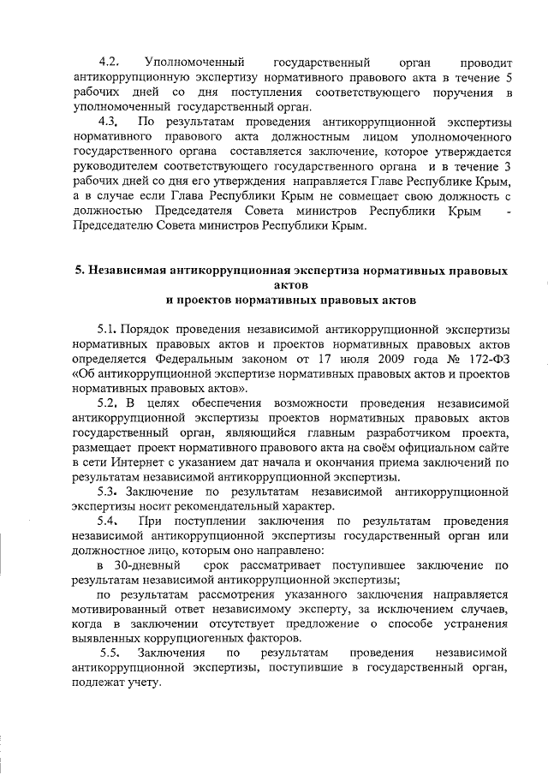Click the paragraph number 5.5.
[108, 653]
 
